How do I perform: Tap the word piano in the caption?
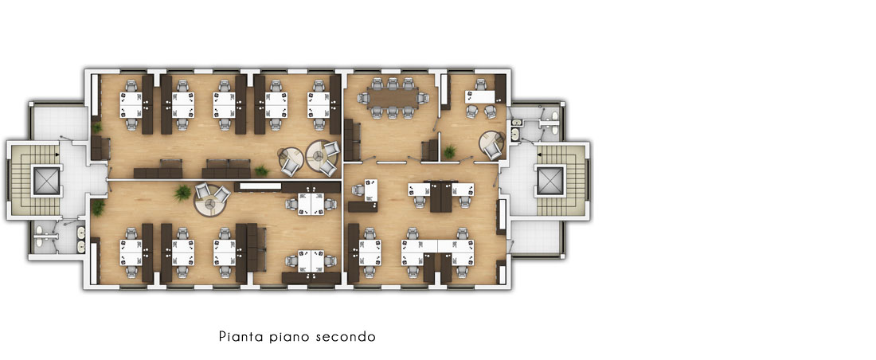(x=289, y=337)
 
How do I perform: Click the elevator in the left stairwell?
(x=46, y=181)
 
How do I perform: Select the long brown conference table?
(x=392, y=99)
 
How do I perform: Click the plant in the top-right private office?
(x=450, y=151)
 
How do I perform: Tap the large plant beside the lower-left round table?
(x=182, y=193)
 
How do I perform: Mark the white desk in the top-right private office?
(x=480, y=96)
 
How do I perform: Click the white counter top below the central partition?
(x=260, y=186)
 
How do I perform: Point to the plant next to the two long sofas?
(x=261, y=170)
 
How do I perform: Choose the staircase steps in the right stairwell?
(x=571, y=181)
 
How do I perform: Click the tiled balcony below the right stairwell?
(x=536, y=237)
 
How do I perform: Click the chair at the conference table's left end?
(x=363, y=99)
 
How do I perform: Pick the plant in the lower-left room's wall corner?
(x=98, y=207)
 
